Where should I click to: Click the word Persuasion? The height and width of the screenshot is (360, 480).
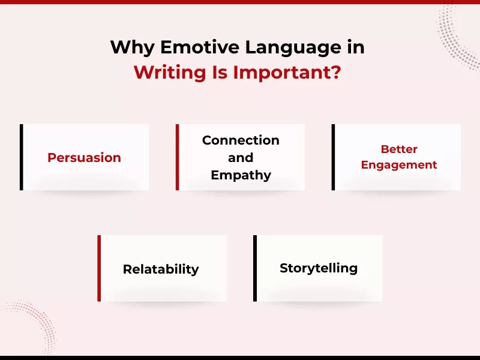[84, 158]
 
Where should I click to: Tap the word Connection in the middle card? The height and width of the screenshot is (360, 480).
[241, 140]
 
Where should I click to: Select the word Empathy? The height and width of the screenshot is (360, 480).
[241, 175]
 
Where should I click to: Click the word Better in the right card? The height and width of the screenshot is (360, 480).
[399, 149]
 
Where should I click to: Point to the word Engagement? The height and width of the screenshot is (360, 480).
[399, 164]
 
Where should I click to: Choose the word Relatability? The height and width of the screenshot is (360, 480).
[160, 269]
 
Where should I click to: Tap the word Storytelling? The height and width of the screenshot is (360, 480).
[319, 268]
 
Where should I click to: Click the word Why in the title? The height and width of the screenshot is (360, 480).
[132, 47]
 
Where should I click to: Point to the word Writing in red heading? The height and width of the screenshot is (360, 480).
[169, 73]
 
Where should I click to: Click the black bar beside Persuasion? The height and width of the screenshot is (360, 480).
[22, 157]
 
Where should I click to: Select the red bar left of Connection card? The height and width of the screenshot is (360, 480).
[178, 157]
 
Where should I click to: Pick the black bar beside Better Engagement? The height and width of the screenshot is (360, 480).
[334, 157]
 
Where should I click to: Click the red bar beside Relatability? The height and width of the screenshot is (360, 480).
[100, 268]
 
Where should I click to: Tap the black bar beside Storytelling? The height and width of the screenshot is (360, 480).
[256, 268]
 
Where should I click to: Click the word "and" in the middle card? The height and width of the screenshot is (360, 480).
[241, 158]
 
